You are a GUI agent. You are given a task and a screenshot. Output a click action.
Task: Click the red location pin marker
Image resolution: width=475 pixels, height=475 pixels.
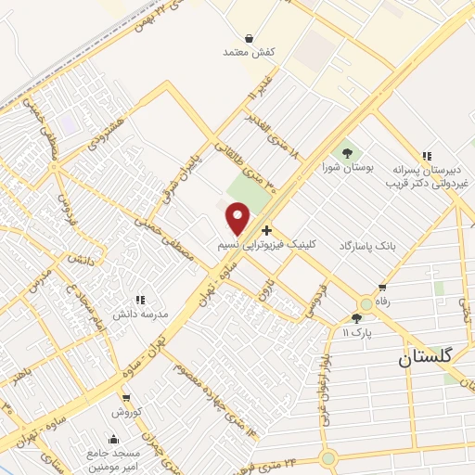[238, 219]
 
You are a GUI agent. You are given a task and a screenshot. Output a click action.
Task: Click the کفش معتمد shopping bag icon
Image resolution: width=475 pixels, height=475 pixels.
[250, 38]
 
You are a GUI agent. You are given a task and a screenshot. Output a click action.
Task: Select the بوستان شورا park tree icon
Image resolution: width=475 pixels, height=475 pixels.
[347, 152]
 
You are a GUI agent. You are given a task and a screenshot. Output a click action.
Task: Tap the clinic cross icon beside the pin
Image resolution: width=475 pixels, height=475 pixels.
[267, 230]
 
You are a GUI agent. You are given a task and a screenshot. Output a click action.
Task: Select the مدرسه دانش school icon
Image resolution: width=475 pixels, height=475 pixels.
[140, 300]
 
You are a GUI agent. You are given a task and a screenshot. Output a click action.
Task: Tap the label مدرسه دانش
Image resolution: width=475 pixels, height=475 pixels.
[140, 315]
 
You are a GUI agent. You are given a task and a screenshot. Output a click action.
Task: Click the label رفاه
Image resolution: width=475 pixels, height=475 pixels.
[380, 302]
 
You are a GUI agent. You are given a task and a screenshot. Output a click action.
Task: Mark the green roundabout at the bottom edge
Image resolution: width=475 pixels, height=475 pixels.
[327, 457]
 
